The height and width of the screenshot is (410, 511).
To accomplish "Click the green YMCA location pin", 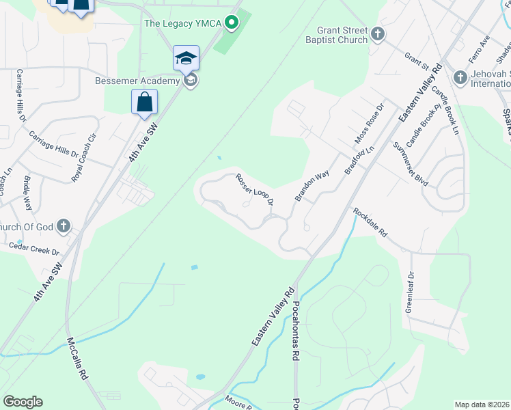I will tap(232, 23).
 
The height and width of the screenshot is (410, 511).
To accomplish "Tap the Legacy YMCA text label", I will tap(182, 24).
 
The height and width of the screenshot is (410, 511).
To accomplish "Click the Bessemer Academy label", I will tap(137, 81).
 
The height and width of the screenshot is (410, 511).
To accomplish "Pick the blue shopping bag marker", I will tap(144, 103).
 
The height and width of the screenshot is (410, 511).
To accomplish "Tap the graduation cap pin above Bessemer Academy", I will tap(186, 59).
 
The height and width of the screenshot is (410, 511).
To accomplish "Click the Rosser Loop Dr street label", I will tap(254, 189).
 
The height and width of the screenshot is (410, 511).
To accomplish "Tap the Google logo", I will tap(23, 402).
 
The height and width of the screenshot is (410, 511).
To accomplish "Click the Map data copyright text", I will tap(482, 405).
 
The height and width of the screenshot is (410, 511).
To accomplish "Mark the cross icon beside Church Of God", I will tap(63, 225).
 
